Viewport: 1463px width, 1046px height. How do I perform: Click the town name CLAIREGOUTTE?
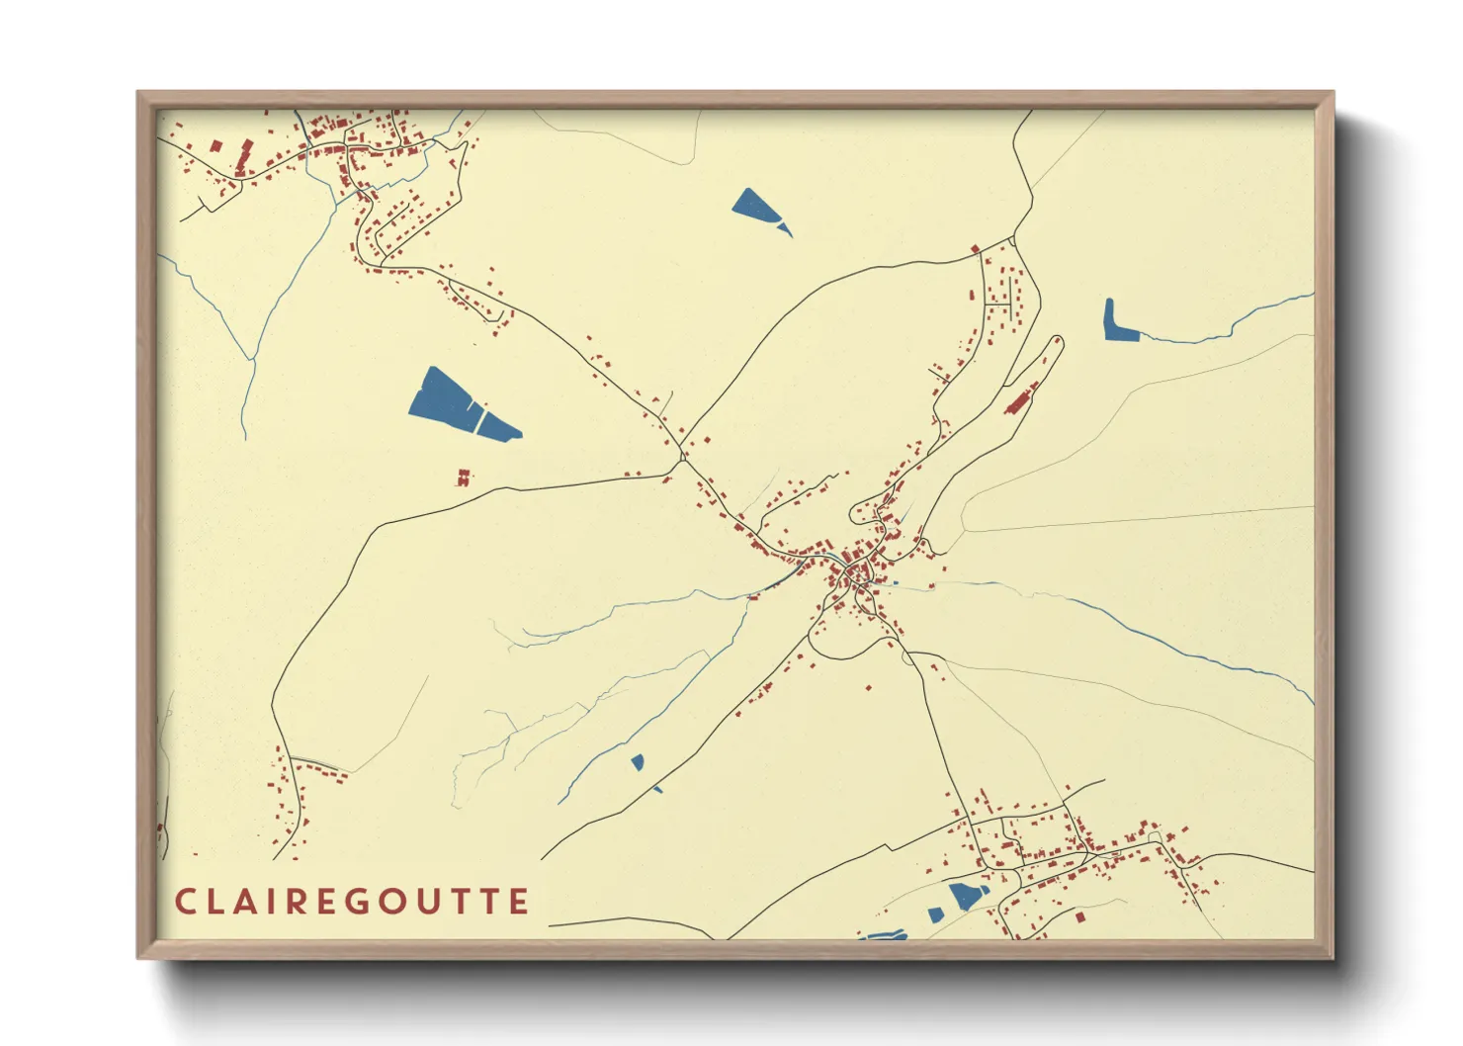pos(352,902)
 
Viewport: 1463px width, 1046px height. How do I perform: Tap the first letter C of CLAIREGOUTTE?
pos(185,902)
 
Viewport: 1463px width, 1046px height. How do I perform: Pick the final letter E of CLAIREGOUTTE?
pos(519,902)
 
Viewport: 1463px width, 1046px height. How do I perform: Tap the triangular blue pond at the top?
pos(753,205)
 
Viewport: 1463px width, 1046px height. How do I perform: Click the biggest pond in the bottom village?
pos(967,896)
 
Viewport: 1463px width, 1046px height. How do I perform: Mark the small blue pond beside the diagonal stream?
pos(638,761)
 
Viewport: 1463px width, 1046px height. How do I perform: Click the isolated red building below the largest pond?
pos(462,479)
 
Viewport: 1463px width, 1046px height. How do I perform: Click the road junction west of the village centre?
pos(683,458)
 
